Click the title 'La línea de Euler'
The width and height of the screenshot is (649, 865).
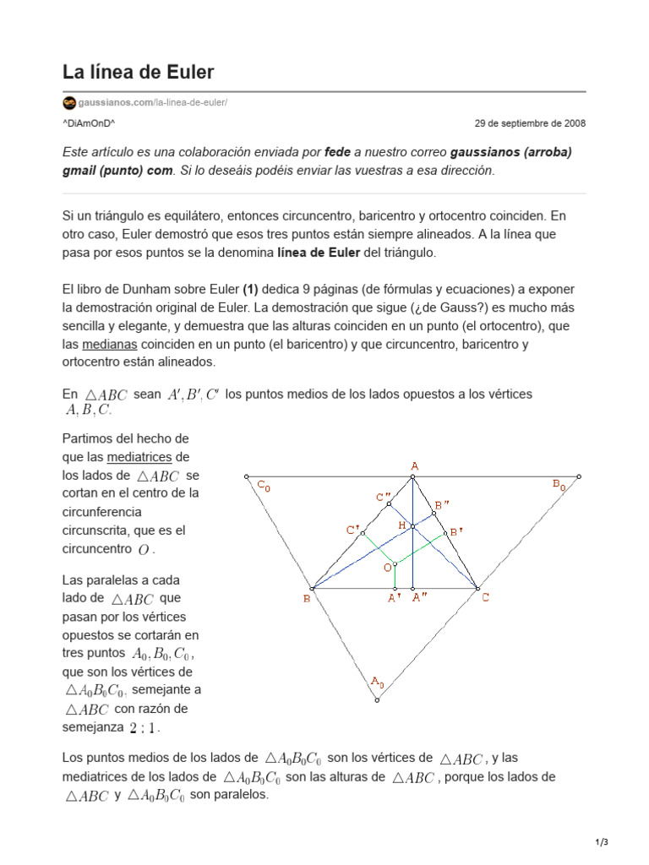click(138, 71)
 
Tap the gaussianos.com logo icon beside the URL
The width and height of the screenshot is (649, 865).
click(69, 103)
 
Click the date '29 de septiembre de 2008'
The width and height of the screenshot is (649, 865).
click(530, 123)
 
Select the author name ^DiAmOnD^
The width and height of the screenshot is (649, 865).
click(89, 123)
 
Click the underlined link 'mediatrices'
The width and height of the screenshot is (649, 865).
click(139, 457)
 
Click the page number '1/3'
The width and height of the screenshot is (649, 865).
click(602, 842)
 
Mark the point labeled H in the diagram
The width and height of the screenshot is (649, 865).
click(402, 525)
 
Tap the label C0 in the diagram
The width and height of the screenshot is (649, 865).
click(264, 486)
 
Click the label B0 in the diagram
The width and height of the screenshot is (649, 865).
click(559, 484)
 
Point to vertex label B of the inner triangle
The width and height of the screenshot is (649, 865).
click(306, 599)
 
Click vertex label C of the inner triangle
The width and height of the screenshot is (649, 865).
click(485, 598)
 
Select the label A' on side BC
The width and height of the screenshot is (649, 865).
click(394, 599)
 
